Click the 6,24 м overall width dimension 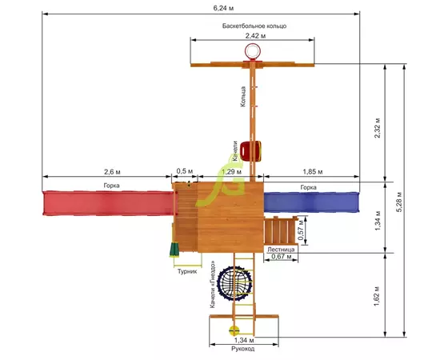coord(223,8)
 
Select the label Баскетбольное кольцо coord(254,26)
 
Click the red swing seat coord(251,151)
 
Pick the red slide coord(108,203)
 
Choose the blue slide coord(311,202)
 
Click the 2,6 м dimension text coord(112,172)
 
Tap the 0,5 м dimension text coord(184,171)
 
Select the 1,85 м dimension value coord(313,172)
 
